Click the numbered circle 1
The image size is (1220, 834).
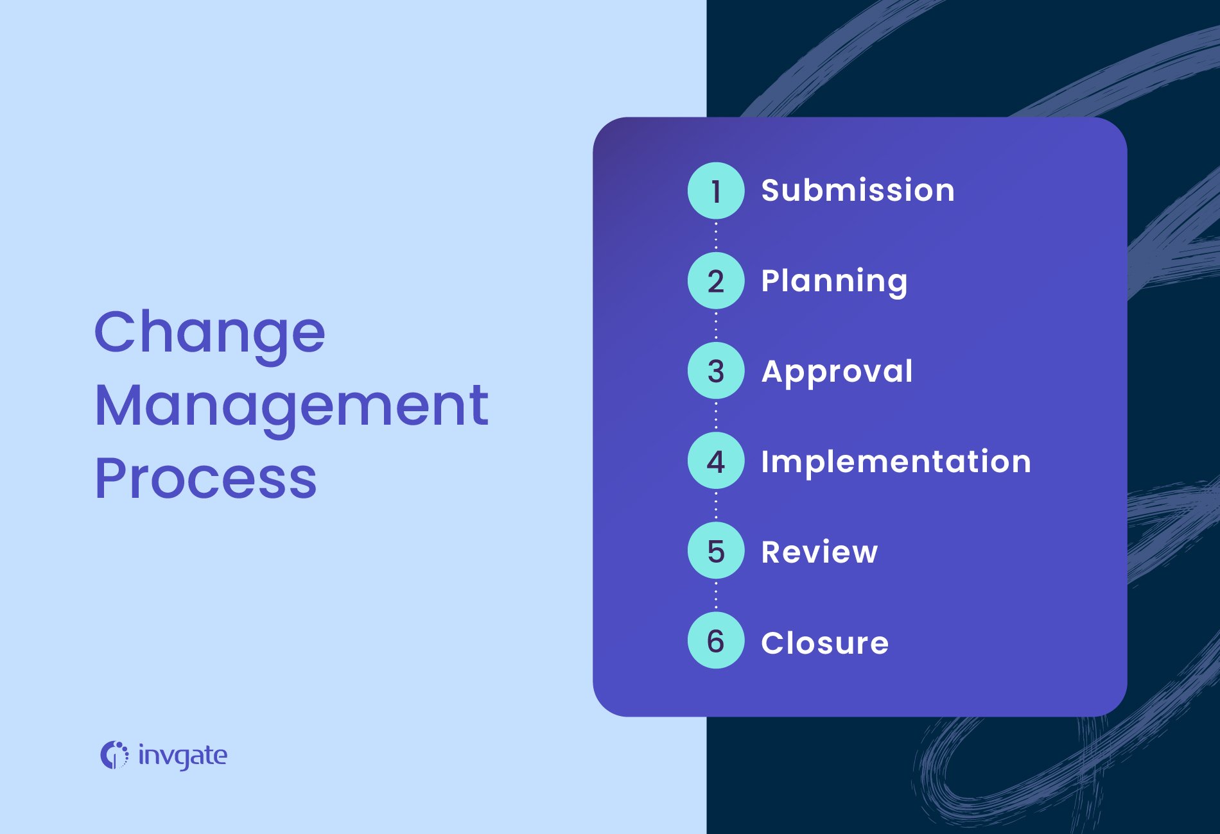716,191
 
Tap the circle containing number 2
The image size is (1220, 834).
716,281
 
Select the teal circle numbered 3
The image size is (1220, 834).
716,371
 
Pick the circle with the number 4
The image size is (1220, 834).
716,461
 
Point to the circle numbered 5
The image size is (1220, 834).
716,551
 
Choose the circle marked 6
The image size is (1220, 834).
716,641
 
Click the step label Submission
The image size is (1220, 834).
858,191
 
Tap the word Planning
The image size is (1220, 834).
834,282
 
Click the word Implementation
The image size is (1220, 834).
896,462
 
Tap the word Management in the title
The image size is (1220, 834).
292,406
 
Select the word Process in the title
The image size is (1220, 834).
206,479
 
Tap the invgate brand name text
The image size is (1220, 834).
183,756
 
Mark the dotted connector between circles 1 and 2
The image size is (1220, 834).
716,235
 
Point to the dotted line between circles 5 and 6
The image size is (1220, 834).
716,596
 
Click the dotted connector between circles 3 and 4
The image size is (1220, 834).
716,416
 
